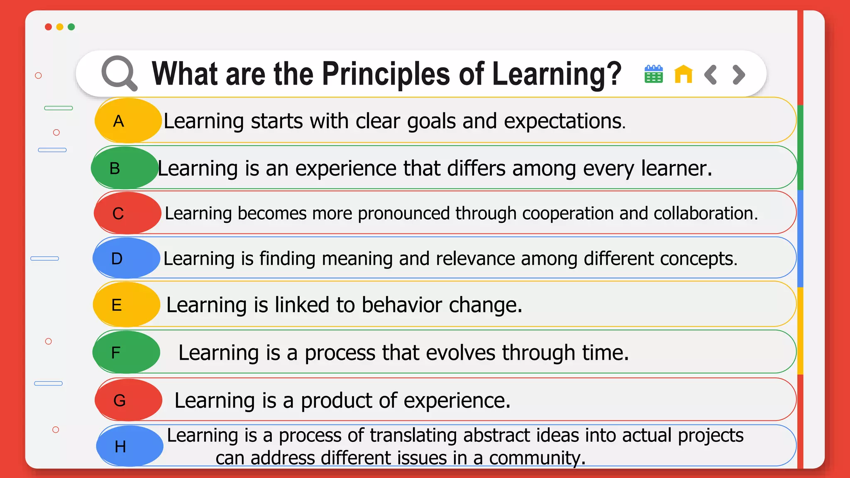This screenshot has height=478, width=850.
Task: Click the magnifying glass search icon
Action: pyautogui.click(x=119, y=73)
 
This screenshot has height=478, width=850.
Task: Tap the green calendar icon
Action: pyautogui.click(x=653, y=74)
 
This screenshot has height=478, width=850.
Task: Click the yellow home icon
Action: pyautogui.click(x=683, y=74)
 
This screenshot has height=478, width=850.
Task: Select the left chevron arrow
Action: pyautogui.click(x=711, y=75)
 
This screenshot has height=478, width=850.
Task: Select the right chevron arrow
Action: pyautogui.click(x=739, y=75)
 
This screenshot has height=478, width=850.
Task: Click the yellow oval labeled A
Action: pyautogui.click(x=128, y=121)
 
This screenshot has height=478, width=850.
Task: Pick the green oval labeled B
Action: pyautogui.click(x=125, y=168)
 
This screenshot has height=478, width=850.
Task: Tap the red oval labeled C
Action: pyautogui.click(x=127, y=213)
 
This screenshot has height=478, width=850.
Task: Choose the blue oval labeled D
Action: pyautogui.click(x=126, y=259)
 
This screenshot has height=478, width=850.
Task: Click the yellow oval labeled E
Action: pyautogui.click(x=126, y=305)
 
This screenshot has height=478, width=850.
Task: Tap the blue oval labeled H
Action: pyautogui.click(x=129, y=446)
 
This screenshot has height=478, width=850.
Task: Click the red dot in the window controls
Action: pyautogui.click(x=48, y=27)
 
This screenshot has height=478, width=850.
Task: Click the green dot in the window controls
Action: pyautogui.click(x=71, y=27)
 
